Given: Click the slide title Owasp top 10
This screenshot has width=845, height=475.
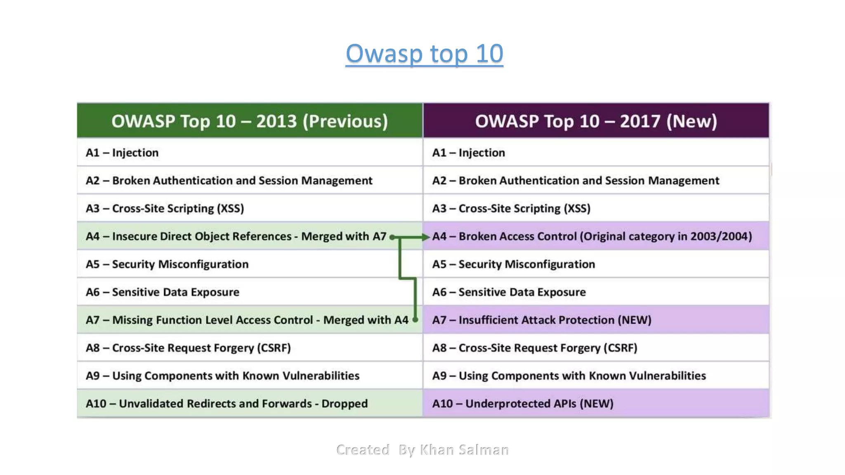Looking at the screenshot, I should click(x=424, y=54).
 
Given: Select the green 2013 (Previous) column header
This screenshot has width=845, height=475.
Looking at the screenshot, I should click(x=250, y=121).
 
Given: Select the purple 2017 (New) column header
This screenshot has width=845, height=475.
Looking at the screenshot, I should click(x=596, y=121).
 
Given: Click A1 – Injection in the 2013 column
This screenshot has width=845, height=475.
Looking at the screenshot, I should click(x=122, y=153).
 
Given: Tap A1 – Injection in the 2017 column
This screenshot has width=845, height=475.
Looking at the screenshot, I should click(x=469, y=153).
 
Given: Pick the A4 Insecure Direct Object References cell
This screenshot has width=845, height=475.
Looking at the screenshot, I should click(x=236, y=236).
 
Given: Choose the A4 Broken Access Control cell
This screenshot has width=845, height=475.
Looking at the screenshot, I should click(x=592, y=236).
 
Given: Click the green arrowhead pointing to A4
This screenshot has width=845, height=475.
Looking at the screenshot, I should click(x=426, y=237).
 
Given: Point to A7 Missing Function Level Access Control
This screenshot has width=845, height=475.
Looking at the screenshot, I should click(x=247, y=320).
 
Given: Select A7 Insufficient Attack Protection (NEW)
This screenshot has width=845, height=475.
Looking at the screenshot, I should click(x=541, y=320).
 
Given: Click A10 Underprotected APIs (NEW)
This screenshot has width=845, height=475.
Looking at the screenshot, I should click(x=523, y=403).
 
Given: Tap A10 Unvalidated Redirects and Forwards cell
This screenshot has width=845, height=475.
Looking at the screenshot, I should click(x=227, y=403).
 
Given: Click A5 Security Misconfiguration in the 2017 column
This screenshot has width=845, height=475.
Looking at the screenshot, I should click(x=513, y=264).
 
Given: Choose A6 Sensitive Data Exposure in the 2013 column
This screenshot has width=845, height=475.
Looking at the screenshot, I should click(x=163, y=292).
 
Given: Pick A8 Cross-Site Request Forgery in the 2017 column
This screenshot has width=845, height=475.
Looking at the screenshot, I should click(x=534, y=348).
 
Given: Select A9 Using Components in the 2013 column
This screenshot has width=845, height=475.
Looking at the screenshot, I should click(x=222, y=376).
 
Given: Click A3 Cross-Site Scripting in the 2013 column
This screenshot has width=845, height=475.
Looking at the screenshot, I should click(x=165, y=208).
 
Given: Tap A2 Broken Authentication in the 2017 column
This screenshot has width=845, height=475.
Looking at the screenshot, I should click(x=575, y=181).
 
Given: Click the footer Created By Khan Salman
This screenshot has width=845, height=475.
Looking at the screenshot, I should click(x=422, y=449).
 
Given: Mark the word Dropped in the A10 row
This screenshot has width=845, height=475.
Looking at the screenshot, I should click(x=345, y=403).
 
